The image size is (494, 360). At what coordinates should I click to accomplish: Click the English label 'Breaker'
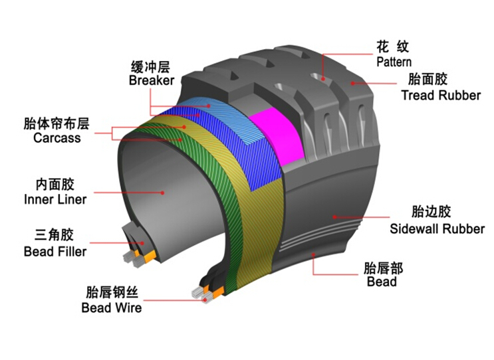point(152,80)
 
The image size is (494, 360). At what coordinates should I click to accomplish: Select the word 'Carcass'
point(57,138)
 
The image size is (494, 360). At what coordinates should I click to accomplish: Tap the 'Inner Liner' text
point(55,199)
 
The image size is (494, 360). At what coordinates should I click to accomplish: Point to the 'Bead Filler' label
point(55,252)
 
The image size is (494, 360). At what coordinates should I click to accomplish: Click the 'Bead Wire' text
point(112,308)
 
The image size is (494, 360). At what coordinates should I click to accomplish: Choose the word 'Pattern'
point(394,62)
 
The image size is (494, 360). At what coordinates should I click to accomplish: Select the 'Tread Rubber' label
point(441,95)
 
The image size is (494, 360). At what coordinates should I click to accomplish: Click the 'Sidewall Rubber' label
point(437,228)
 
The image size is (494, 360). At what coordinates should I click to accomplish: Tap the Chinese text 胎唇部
point(383,268)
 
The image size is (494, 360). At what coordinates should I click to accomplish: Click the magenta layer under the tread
point(277,136)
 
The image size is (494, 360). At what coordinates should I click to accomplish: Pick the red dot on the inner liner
point(163,193)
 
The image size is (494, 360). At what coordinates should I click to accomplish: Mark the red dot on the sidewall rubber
point(334,217)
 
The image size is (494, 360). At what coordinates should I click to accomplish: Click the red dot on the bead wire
point(205,300)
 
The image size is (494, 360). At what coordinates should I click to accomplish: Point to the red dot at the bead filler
point(142,243)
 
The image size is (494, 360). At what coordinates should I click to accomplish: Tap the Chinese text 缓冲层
point(150,67)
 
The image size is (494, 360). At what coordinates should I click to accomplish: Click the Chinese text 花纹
point(392,47)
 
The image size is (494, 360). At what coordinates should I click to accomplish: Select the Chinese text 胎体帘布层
point(57,124)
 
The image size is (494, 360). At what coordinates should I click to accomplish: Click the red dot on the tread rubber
point(353,84)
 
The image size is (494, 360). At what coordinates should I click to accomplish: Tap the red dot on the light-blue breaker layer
point(209,106)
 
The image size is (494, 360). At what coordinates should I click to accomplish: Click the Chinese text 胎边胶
point(432,211)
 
